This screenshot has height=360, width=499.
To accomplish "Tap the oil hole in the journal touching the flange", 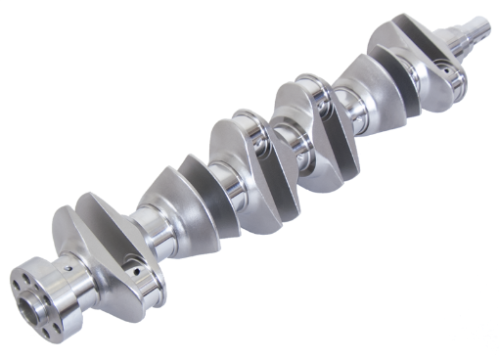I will click(71, 263).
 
